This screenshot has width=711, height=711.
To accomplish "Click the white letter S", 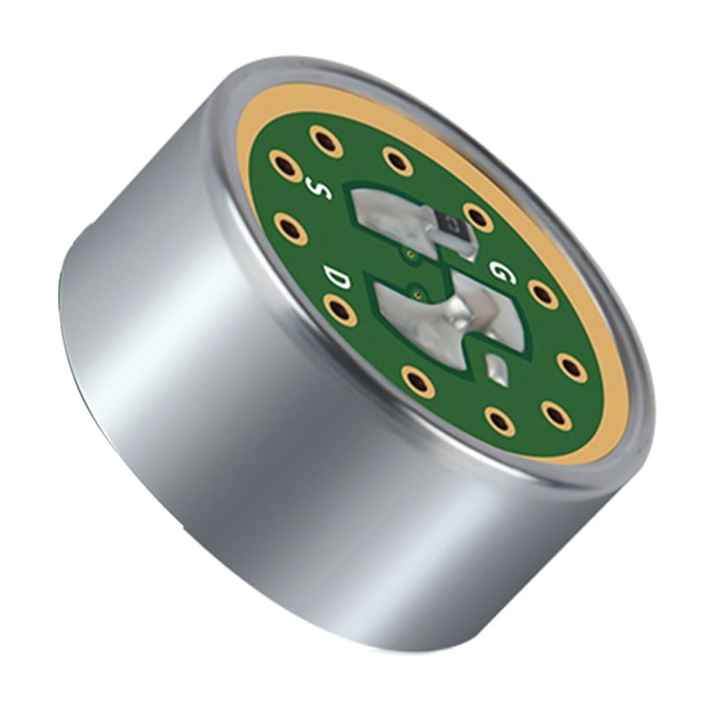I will (x=320, y=189).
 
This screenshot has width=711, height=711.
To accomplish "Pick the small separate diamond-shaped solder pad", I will (x=497, y=368).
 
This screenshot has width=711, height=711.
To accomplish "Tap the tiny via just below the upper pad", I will (x=410, y=255).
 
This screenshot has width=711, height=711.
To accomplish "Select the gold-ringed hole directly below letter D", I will (x=340, y=310).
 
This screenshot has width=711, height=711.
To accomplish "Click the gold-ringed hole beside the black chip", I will (x=478, y=217).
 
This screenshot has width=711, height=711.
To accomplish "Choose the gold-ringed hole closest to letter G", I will (x=542, y=294).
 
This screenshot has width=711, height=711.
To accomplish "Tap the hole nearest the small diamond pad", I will (x=500, y=421).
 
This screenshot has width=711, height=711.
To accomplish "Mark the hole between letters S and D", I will (x=290, y=228).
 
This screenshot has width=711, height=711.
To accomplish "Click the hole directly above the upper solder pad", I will (x=398, y=161).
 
